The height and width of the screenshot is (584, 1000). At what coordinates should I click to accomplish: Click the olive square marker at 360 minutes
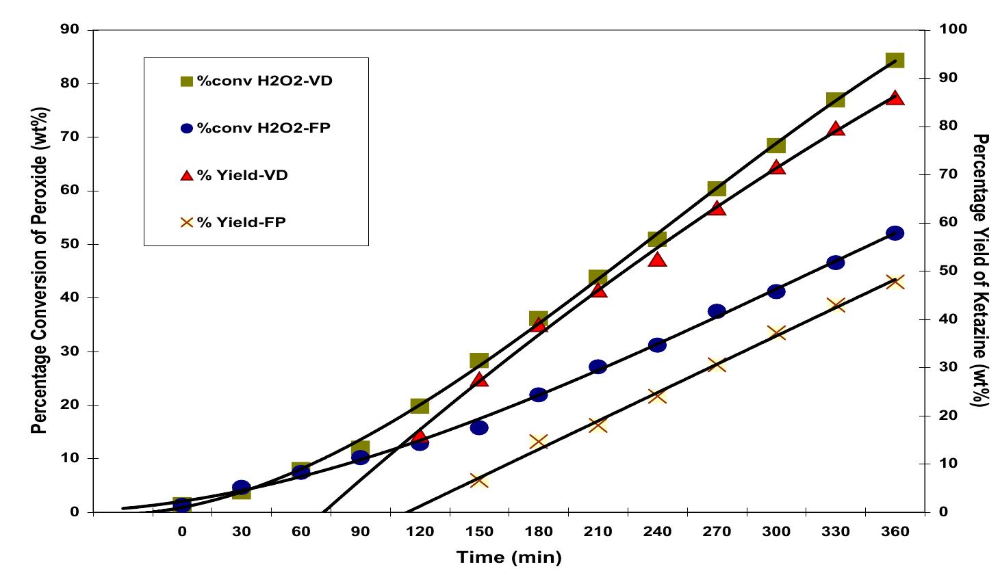895,60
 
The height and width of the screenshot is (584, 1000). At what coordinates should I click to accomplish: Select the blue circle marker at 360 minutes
895,233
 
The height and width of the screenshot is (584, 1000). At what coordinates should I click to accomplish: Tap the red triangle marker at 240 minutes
657,259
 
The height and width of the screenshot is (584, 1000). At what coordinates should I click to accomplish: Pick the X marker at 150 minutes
479,480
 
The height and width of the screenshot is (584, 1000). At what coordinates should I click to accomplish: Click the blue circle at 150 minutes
479,428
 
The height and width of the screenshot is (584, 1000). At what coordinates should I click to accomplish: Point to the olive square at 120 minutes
420,406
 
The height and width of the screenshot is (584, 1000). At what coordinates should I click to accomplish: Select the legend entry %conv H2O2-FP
264,128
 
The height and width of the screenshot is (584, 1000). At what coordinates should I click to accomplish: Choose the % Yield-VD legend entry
242,175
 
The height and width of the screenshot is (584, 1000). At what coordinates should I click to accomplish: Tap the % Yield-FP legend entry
241,222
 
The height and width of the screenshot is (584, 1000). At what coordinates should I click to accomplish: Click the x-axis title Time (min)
509,557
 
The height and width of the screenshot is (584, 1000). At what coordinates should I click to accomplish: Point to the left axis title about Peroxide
40,270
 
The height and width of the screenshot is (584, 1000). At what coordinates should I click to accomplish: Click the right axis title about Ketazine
980,270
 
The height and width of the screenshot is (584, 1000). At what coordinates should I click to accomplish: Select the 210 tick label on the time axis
598,532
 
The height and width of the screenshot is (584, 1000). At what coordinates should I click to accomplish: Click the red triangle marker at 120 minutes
420,436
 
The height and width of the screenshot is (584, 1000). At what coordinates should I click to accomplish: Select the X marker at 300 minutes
775,332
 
